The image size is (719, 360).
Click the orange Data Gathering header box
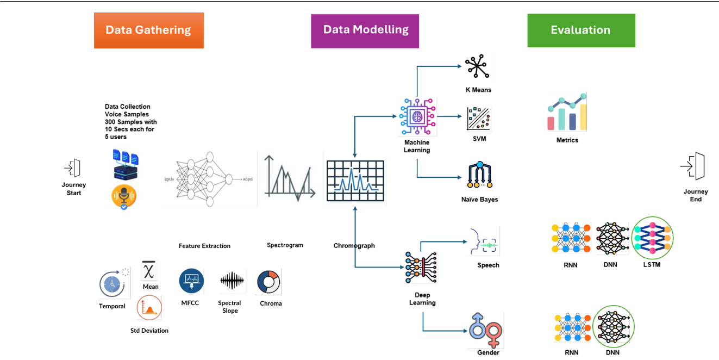[148, 30]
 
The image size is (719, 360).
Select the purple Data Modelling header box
[365, 30]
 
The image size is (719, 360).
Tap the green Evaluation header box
[581, 30]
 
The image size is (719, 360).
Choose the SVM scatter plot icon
[479, 119]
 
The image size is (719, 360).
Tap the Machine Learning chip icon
[417, 116]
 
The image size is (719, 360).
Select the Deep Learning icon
[422, 268]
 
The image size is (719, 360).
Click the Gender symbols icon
[485, 330]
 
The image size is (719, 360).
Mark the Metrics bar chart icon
[567, 113]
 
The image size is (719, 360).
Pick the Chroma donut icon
[268, 282]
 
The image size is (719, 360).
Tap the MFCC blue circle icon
[191, 281]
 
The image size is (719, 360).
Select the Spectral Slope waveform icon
[232, 281]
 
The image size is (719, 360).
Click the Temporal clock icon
[112, 284]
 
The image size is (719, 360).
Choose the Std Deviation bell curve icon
[149, 308]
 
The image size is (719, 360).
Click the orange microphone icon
[123, 196]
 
